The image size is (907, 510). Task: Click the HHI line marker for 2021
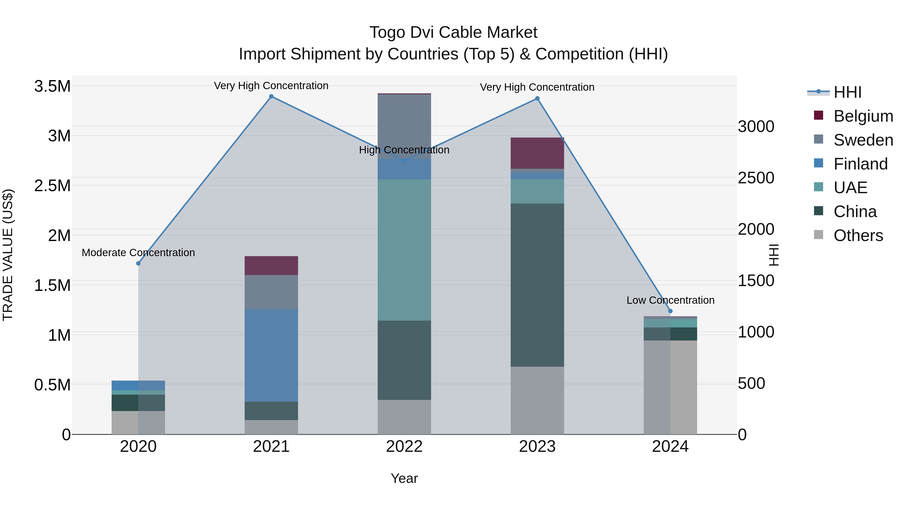(x=271, y=96)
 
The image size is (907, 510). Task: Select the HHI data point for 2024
(x=670, y=311)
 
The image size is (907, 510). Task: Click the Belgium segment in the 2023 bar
(x=537, y=153)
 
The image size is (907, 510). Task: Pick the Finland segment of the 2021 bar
(x=271, y=355)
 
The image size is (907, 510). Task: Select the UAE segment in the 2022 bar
(x=404, y=250)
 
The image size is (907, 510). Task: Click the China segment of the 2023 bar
(x=537, y=285)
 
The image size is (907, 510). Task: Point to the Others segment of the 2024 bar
(x=670, y=387)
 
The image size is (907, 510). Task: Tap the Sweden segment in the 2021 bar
(x=271, y=292)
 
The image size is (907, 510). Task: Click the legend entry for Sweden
(x=863, y=140)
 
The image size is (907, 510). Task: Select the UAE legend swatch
(x=819, y=187)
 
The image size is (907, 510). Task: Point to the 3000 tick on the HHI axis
(x=756, y=127)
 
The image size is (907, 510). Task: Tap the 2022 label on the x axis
(x=404, y=447)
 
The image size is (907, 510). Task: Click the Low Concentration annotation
(x=670, y=300)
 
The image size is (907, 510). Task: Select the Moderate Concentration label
(x=138, y=253)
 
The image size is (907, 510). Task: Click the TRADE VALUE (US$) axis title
(x=8, y=255)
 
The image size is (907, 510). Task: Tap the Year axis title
(x=404, y=478)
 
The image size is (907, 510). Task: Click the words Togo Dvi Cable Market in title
(x=453, y=32)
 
